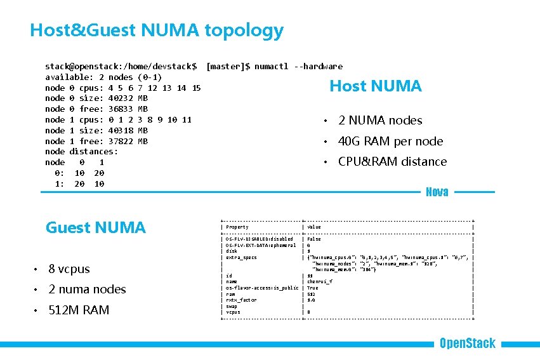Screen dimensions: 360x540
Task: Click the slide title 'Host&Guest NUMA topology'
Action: tap(156, 30)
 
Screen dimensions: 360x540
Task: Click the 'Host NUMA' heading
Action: tap(375, 86)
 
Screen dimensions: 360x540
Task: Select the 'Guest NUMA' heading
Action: tap(95, 227)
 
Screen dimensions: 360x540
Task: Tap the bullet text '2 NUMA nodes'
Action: tap(379, 120)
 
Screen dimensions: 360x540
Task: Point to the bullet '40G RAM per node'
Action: tap(390, 141)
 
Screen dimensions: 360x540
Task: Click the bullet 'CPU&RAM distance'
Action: tap(392, 161)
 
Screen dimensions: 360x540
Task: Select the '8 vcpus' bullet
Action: tap(69, 269)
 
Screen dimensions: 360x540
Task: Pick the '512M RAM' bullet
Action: tap(79, 310)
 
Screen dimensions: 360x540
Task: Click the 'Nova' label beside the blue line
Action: tap(437, 192)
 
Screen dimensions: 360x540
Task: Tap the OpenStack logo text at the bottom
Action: tap(467, 343)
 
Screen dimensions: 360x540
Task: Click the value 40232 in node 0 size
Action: tap(121, 98)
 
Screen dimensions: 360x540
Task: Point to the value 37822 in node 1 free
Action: tap(121, 141)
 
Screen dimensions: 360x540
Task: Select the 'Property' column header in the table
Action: tap(237, 227)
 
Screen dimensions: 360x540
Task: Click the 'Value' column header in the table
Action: tap(314, 227)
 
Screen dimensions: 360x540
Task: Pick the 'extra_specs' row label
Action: tap(241, 257)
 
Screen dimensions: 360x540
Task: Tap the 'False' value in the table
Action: tap(314, 239)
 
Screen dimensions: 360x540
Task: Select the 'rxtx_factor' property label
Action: tap(240, 300)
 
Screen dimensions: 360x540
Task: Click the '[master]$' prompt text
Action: tap(228, 66)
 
